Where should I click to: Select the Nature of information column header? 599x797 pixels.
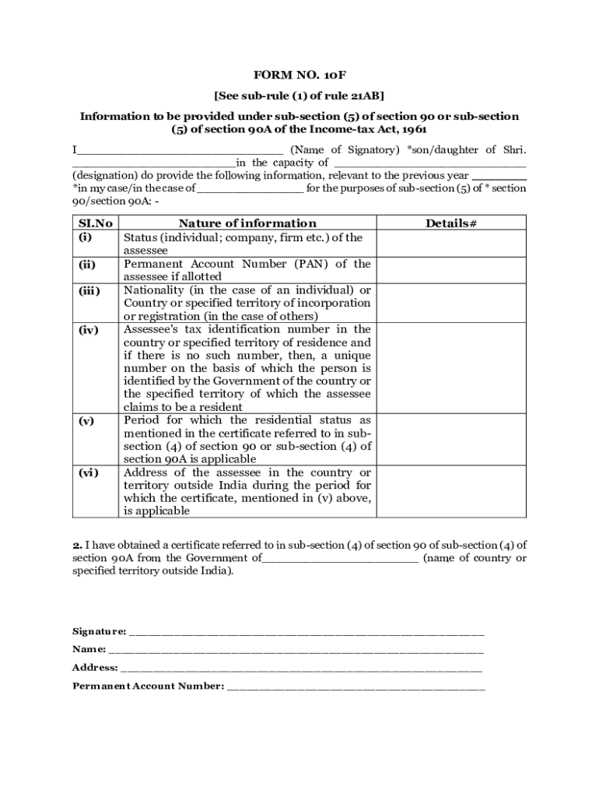point(247,223)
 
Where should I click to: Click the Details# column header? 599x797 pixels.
point(450,223)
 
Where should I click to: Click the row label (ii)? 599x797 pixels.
point(86,265)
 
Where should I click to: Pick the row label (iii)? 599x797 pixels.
point(88,291)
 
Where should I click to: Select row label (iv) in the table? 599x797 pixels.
point(87,330)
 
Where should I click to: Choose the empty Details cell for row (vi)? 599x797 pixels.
point(450,492)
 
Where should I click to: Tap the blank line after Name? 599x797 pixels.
point(296,649)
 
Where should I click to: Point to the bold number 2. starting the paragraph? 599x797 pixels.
point(77,545)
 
